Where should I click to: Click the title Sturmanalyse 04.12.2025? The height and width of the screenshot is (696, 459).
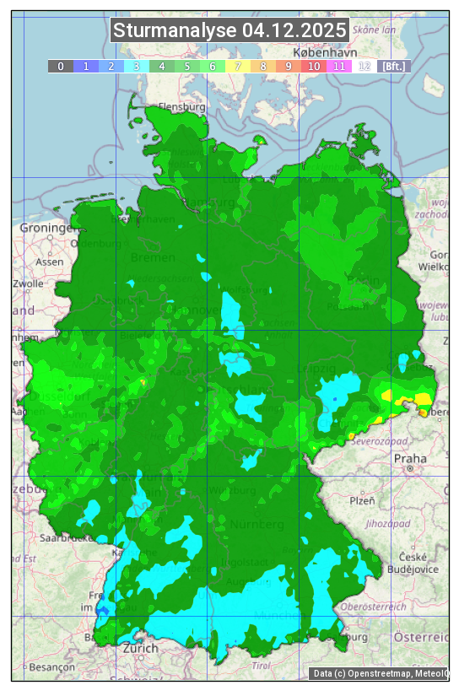point(229,31)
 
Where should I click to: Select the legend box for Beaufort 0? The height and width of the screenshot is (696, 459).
point(60,66)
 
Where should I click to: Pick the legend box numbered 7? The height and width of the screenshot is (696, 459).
point(237,66)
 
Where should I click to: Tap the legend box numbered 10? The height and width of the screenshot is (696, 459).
point(313,66)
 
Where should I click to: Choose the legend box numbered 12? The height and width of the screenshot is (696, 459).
point(364,66)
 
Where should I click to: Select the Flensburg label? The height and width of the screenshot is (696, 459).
point(182,107)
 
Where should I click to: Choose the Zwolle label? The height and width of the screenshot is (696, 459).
point(27,283)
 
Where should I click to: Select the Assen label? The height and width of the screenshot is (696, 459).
point(50,262)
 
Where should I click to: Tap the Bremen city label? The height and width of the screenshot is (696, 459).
point(153,256)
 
